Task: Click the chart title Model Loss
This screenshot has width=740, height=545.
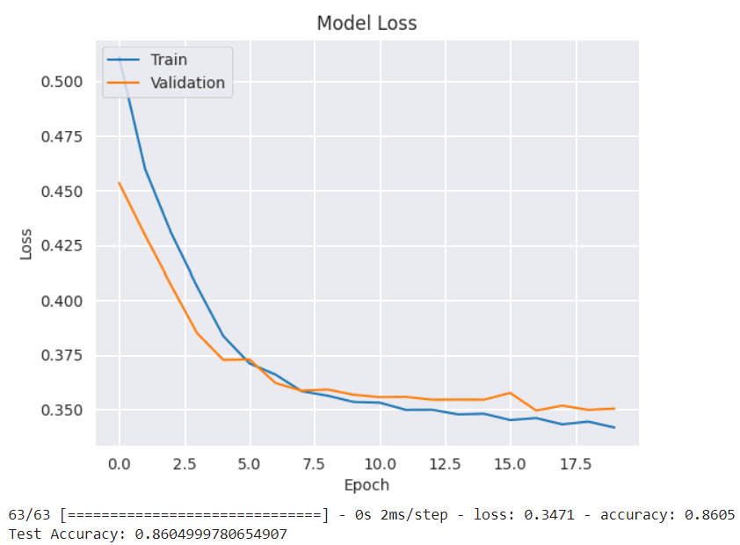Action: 366,24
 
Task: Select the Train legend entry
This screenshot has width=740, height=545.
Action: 168,60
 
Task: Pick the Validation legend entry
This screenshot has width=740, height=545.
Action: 187,83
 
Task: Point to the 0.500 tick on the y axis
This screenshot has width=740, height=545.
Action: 62,82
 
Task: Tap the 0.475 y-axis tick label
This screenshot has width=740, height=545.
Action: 62,136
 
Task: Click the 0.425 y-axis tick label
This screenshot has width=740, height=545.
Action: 62,246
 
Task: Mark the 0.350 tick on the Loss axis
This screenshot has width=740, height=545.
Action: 62,411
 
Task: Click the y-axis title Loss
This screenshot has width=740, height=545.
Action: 26,244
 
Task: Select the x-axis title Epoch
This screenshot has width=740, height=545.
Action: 366,484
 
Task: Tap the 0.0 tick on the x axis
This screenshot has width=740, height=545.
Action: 119,463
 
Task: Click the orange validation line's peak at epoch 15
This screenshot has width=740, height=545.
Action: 510,393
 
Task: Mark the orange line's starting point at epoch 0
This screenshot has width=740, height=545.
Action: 120,183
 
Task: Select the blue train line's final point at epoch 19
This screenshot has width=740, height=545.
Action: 614,427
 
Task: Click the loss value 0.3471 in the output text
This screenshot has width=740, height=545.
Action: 548,515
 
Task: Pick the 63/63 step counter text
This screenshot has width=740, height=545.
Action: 28,515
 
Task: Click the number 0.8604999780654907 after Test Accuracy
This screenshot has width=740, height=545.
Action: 211,534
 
